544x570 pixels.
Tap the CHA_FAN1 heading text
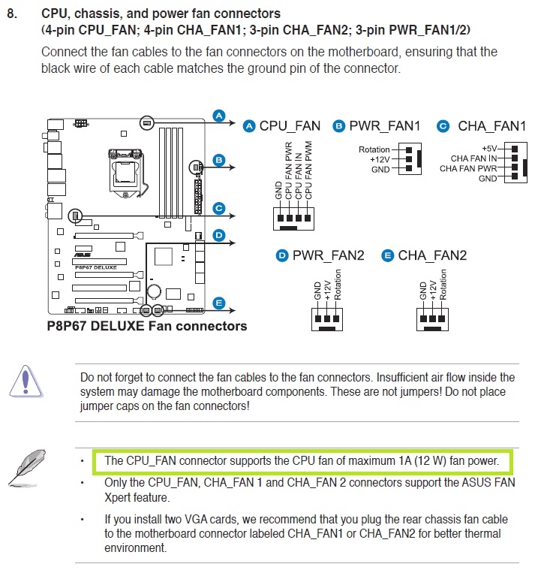[491, 126]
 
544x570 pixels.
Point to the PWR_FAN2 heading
[328, 256]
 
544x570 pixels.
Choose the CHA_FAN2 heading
[432, 256]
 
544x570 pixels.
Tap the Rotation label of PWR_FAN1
[374, 149]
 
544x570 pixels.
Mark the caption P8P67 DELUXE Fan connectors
[147, 326]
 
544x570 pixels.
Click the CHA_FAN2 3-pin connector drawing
[433, 318]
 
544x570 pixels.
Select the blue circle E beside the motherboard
[218, 303]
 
